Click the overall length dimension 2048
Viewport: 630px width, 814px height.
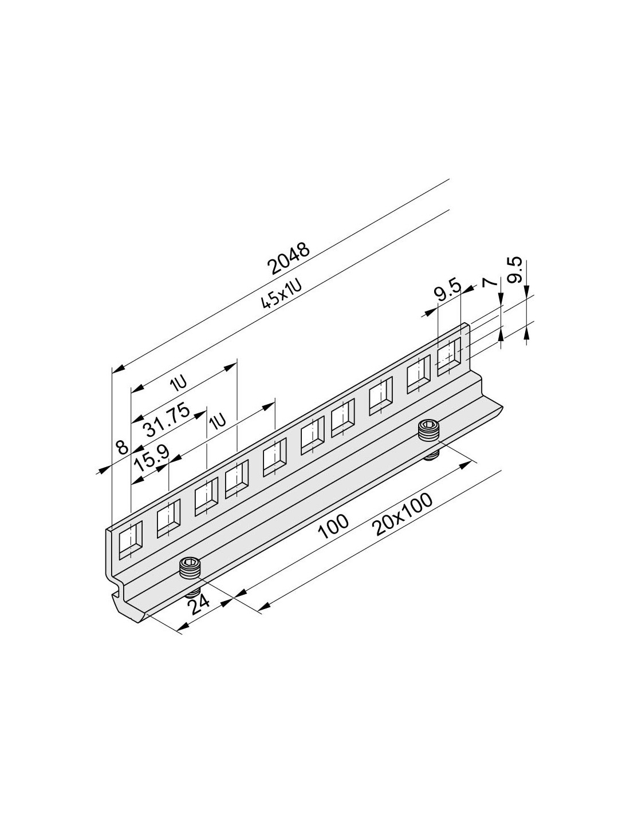(x=288, y=259)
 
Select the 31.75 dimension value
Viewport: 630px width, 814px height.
(x=167, y=420)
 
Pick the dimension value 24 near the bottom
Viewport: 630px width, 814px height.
(x=199, y=613)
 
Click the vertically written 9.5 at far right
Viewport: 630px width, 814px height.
(x=517, y=270)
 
